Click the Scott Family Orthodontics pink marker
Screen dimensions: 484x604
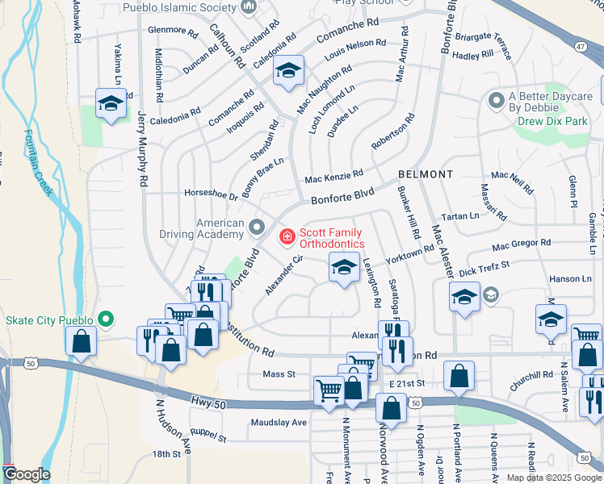click(286, 236)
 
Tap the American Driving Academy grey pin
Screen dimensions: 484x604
click(258, 228)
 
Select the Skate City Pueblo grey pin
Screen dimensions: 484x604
click(105, 319)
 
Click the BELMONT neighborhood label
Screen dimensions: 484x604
click(425, 174)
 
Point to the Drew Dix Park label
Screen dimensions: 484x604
click(552, 121)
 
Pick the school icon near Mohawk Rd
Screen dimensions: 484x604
click(111, 103)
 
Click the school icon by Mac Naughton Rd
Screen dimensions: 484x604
click(287, 71)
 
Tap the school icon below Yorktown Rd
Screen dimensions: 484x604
click(344, 268)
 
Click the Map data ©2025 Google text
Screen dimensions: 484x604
click(553, 478)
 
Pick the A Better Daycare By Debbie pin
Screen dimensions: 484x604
click(496, 102)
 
